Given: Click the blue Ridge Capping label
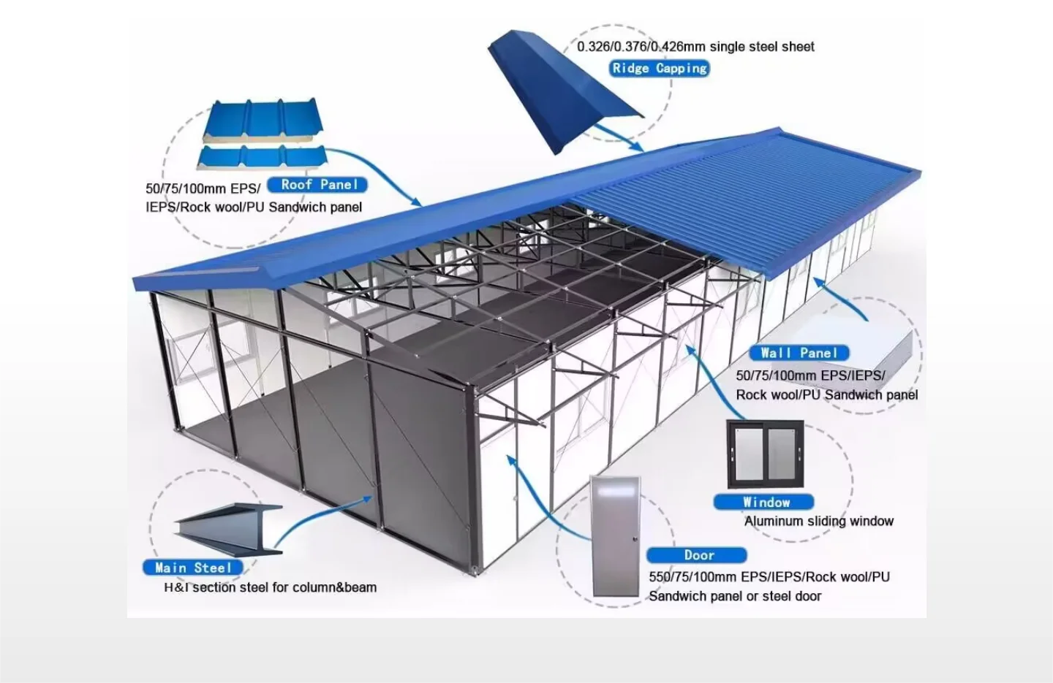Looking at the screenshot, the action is [659, 69].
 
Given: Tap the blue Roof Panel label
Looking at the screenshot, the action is [319, 185].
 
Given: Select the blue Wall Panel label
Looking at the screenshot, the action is [799, 353].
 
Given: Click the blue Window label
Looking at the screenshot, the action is [765, 502].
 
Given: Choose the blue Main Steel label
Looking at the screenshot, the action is [193, 568].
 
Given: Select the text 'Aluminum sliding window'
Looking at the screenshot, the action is [818, 522].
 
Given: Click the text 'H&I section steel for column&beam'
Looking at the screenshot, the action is [271, 587].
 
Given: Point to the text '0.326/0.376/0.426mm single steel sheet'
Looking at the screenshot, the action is [695, 47].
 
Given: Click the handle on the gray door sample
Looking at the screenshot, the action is [635, 538].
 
